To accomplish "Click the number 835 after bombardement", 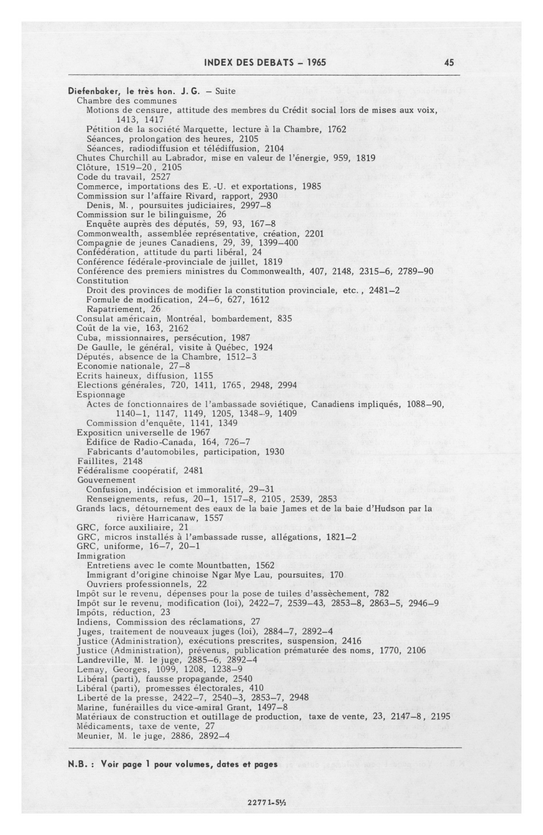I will [x=284, y=318].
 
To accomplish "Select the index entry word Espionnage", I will [x=101, y=394].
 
